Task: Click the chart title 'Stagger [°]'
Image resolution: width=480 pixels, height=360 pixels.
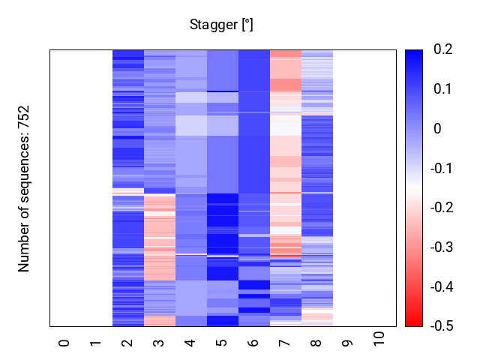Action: point(221,25)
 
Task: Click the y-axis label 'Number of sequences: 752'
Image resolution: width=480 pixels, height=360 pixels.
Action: point(24,188)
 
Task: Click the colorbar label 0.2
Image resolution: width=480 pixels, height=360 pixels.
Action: point(442,50)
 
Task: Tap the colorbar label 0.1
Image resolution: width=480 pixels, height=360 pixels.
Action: point(442,89)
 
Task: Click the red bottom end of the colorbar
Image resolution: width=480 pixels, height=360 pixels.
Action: point(414,323)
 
